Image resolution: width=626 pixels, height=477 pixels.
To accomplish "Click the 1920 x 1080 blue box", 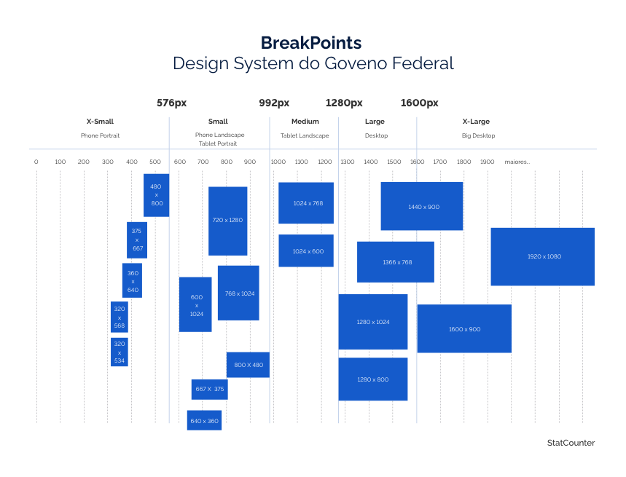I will click(x=542, y=256).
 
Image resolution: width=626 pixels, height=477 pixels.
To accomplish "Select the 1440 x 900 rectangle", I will click(x=422, y=207).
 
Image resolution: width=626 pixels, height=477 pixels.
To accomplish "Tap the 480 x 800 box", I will click(x=157, y=195).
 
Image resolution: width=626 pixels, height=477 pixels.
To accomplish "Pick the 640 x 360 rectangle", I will click(x=204, y=421).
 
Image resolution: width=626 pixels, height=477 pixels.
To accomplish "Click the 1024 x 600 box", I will click(x=306, y=251).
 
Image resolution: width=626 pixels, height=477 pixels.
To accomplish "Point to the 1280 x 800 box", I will click(x=373, y=379).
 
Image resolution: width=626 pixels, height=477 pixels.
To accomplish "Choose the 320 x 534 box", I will click(x=120, y=352).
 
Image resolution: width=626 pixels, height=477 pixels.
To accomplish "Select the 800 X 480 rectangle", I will click(x=248, y=365).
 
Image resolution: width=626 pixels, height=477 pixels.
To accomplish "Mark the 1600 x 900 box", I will click(x=464, y=329).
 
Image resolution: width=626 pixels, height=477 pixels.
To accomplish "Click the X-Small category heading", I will click(x=100, y=122).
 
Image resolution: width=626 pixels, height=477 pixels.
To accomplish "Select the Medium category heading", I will click(x=305, y=122).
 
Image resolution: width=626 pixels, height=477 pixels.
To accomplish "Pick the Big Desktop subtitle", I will click(x=478, y=136).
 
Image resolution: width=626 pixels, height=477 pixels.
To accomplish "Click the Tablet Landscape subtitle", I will click(x=305, y=136).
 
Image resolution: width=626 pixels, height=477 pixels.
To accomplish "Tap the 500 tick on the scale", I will click(x=155, y=162).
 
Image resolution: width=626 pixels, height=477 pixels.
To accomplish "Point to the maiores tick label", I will click(x=517, y=162).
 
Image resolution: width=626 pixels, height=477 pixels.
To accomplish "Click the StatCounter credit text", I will click(x=571, y=443).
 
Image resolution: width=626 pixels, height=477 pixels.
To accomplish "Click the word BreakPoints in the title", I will click(x=311, y=42).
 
